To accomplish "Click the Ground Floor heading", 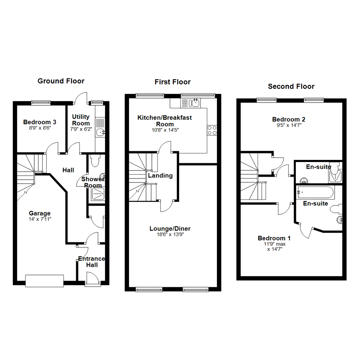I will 61,81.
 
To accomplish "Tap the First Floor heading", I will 172,82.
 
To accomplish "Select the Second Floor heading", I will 291,87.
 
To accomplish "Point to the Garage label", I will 39,213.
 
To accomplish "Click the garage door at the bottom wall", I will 44,281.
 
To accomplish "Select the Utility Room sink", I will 100,133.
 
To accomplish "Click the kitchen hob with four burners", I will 212,130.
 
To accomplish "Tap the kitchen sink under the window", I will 195,103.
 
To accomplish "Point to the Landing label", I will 160,176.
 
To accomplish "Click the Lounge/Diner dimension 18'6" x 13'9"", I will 170,234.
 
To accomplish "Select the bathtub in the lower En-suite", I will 314,192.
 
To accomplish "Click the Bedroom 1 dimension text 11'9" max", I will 274,244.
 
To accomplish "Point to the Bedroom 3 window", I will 41,103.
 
